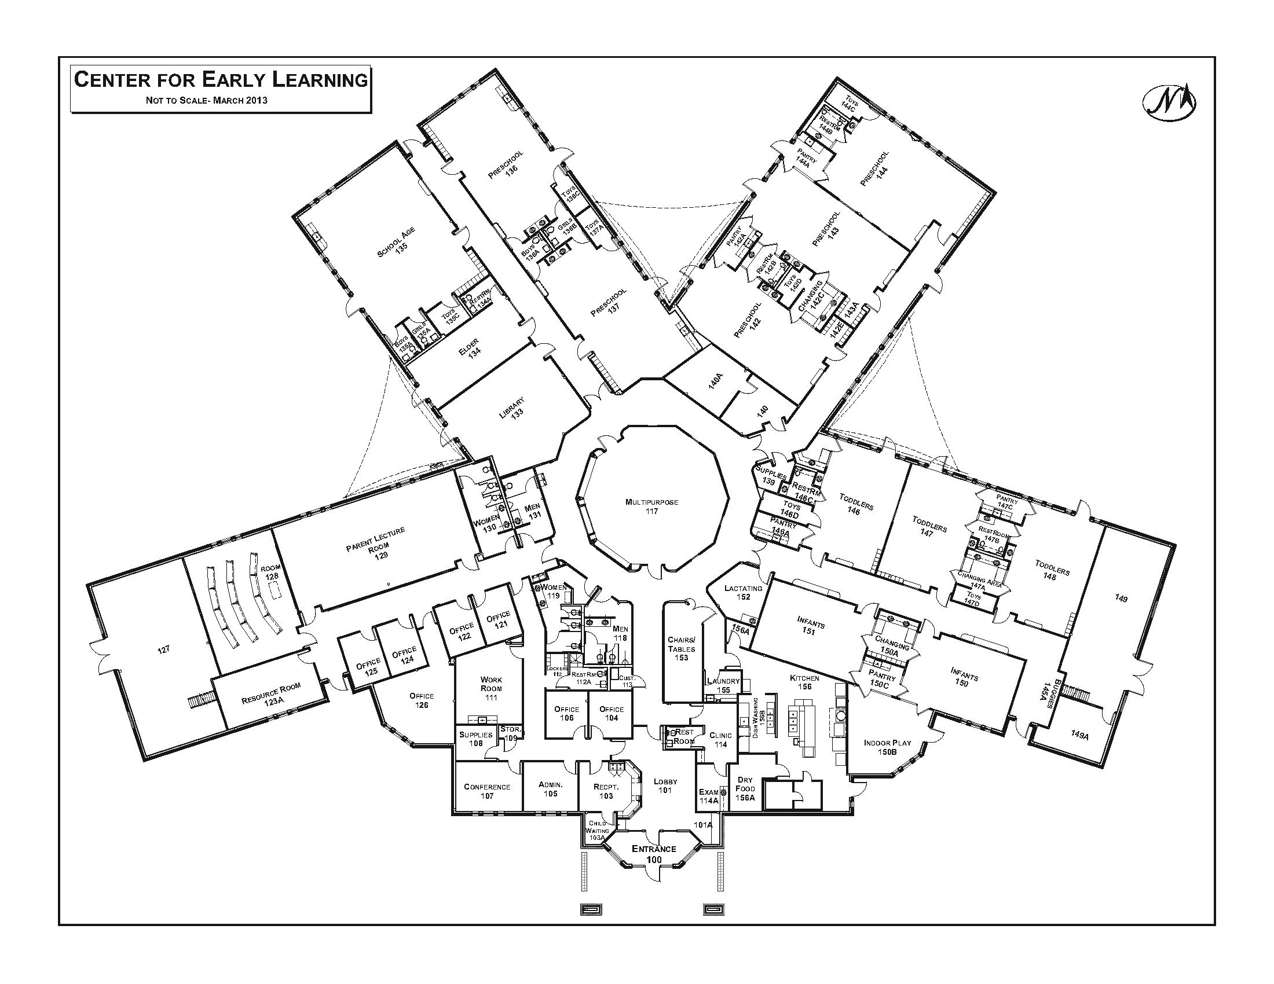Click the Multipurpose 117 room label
tap(651, 506)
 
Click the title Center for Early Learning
tap(221, 80)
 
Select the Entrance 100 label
tap(654, 854)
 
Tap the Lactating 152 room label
tap(743, 592)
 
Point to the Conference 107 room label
tap(487, 791)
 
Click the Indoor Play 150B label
tap(887, 747)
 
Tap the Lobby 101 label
tap(665, 786)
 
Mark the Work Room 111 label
tap(491, 688)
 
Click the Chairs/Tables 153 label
tap(682, 648)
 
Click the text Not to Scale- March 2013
tap(207, 100)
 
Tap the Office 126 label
tap(421, 700)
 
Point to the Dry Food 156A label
tap(745, 788)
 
